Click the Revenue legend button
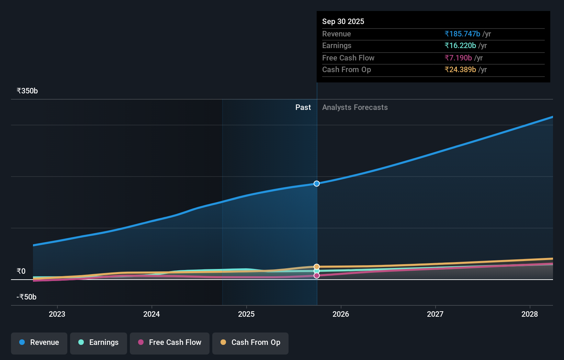pyautogui.click(x=39, y=342)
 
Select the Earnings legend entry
pyautogui.click(x=99, y=342)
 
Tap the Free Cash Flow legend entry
pyautogui.click(x=170, y=342)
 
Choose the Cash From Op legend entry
pyautogui.click(x=250, y=342)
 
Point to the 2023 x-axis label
pyautogui.click(x=57, y=314)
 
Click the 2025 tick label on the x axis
pyautogui.click(x=246, y=314)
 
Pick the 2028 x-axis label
pyautogui.click(x=529, y=314)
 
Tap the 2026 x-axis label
pyautogui.click(x=341, y=314)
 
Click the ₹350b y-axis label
pyautogui.click(x=27, y=91)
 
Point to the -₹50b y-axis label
pyautogui.click(x=26, y=297)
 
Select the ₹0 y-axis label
pyautogui.click(x=21, y=271)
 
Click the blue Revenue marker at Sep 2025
pyautogui.click(x=317, y=184)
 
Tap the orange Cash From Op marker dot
pyautogui.click(x=317, y=267)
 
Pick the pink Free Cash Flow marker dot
pyautogui.click(x=317, y=275)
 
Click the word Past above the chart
pyautogui.click(x=303, y=108)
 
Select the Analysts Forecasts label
pyautogui.click(x=355, y=108)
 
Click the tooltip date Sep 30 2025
pyautogui.click(x=343, y=21)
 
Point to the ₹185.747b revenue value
pyautogui.click(x=462, y=34)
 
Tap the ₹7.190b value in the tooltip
pyautogui.click(x=458, y=58)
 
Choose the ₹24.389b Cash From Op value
pyautogui.click(x=460, y=70)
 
